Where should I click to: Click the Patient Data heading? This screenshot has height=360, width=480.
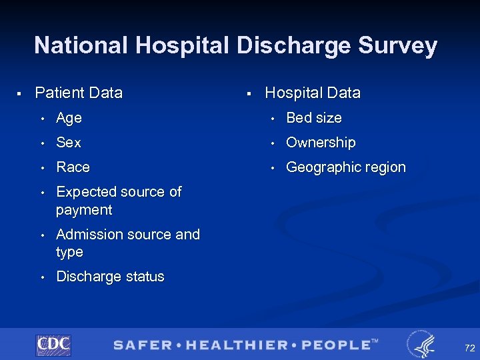tap(79, 93)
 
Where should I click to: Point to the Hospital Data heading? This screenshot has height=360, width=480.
tap(313, 93)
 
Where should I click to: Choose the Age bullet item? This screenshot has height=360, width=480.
tap(69, 118)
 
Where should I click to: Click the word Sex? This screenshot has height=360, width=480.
tap(69, 143)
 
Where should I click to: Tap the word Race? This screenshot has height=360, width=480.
tap(73, 167)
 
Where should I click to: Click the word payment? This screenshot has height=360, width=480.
tap(84, 210)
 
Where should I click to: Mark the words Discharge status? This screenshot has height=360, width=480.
tap(110, 277)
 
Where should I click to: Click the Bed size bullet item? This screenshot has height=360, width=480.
tap(314, 118)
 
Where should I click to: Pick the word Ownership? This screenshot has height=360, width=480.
tap(321, 143)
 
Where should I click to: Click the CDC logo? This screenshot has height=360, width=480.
tap(53, 345)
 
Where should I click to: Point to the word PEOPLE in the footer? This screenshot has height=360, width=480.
tap(337, 345)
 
